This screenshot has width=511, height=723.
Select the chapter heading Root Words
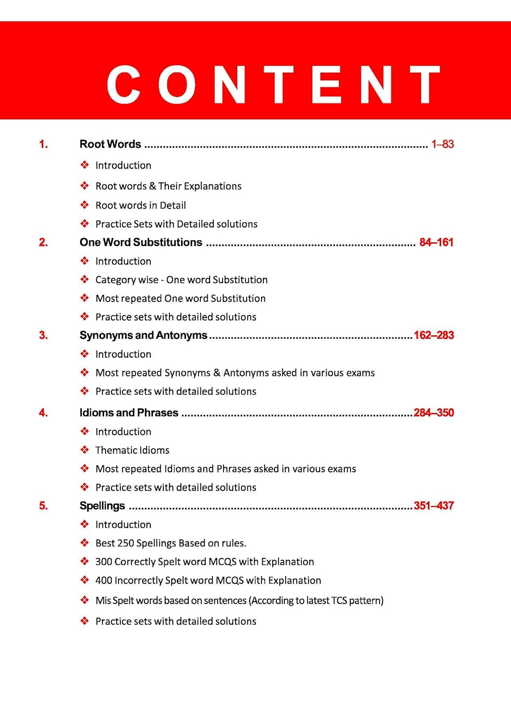110,144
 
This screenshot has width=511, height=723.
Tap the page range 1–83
442,144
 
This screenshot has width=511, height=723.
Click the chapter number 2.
43,242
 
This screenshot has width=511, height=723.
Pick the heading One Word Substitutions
141,242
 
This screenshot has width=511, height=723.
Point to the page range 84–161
436,242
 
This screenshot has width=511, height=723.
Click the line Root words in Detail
141,205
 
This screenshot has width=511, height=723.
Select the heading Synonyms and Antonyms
143,335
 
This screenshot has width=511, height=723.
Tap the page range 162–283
433,335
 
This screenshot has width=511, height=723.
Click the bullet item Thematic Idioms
132,450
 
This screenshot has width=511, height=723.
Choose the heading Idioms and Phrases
129,413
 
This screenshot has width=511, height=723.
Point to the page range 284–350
433,413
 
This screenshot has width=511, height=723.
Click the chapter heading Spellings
102,506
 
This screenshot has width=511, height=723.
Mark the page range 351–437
433,506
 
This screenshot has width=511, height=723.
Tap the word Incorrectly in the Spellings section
139,580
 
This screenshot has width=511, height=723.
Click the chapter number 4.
43,413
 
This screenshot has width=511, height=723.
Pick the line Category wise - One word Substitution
181,280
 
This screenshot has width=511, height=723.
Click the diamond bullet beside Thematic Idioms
85,450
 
